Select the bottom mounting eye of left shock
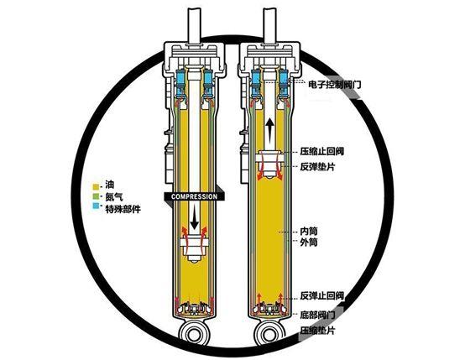(195, 333)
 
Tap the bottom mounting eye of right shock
(270, 333)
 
